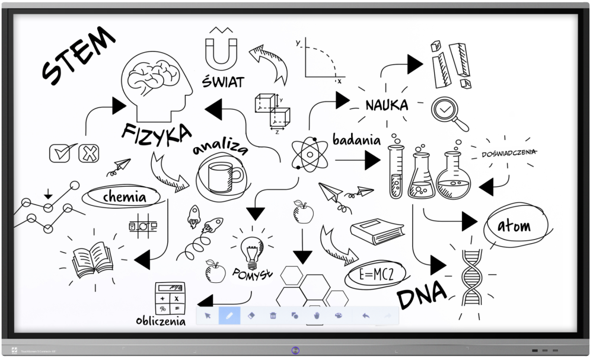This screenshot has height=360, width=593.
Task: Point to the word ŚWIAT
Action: click(x=222, y=82)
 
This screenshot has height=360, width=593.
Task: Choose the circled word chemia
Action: click(x=124, y=196)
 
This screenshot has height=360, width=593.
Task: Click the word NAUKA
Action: click(x=387, y=106)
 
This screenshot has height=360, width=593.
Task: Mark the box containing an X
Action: click(x=88, y=153)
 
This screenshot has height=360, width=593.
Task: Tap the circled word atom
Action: click(x=514, y=226)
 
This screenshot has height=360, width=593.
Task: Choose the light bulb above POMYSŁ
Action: click(x=251, y=250)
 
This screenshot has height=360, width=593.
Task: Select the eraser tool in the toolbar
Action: click(x=251, y=315)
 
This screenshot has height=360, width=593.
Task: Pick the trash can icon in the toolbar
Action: click(x=273, y=315)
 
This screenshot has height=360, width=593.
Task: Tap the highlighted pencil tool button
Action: click(x=229, y=315)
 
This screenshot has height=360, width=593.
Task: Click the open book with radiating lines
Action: click(x=93, y=259)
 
